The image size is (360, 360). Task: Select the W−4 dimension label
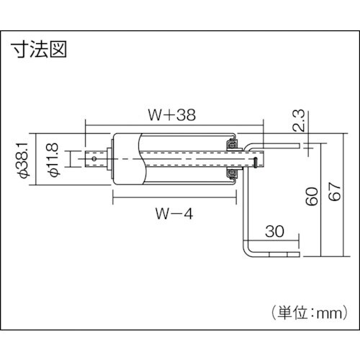click(172, 213)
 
